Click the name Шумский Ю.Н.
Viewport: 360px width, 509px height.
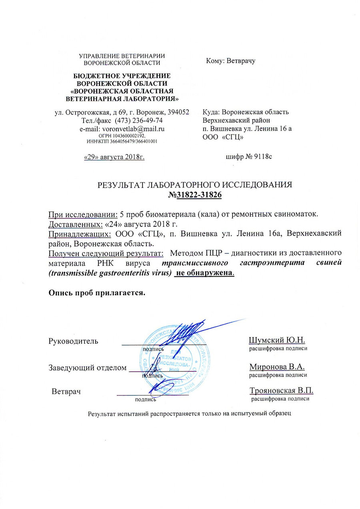point(277,341)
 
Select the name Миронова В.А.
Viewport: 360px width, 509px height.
point(277,367)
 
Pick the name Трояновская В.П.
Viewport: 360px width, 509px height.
point(281,391)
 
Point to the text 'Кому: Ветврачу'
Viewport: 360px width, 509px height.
point(230,62)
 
